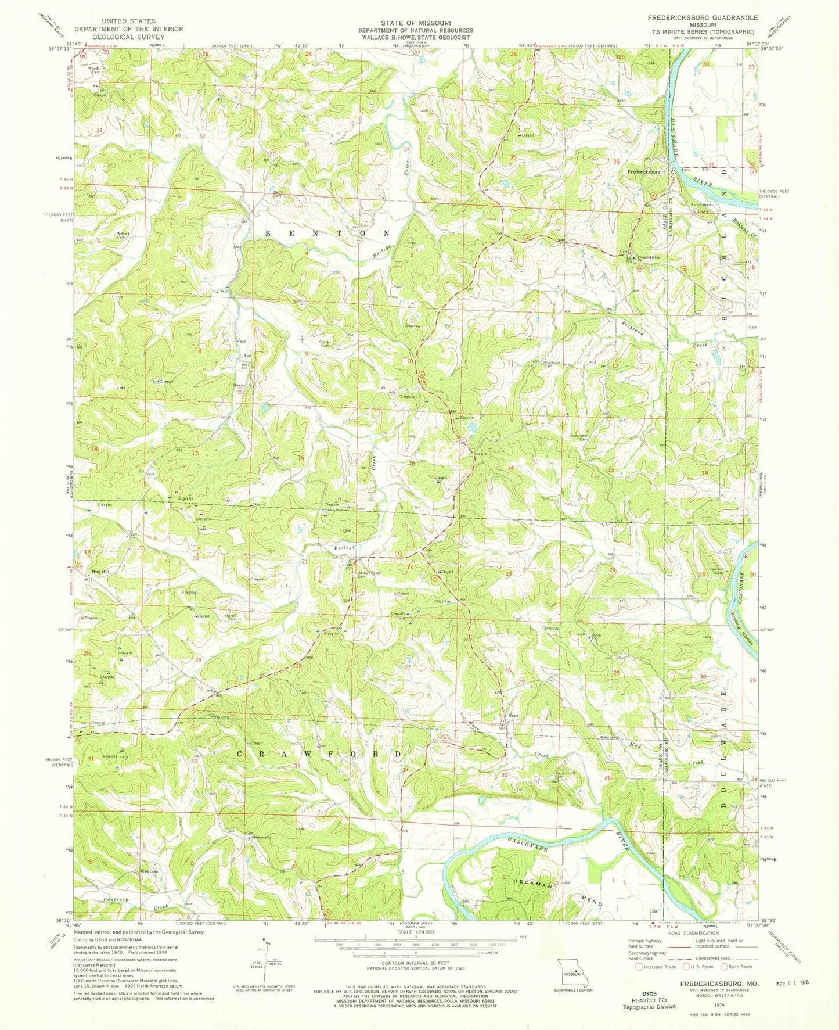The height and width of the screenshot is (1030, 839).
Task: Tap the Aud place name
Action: (x=247, y=355)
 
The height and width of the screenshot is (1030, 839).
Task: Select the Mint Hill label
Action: (x=99, y=572)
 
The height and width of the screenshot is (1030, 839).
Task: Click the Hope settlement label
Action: (x=513, y=716)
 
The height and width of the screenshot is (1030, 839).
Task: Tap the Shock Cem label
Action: (x=324, y=343)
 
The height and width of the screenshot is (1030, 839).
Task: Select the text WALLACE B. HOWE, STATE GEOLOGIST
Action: (x=415, y=37)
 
